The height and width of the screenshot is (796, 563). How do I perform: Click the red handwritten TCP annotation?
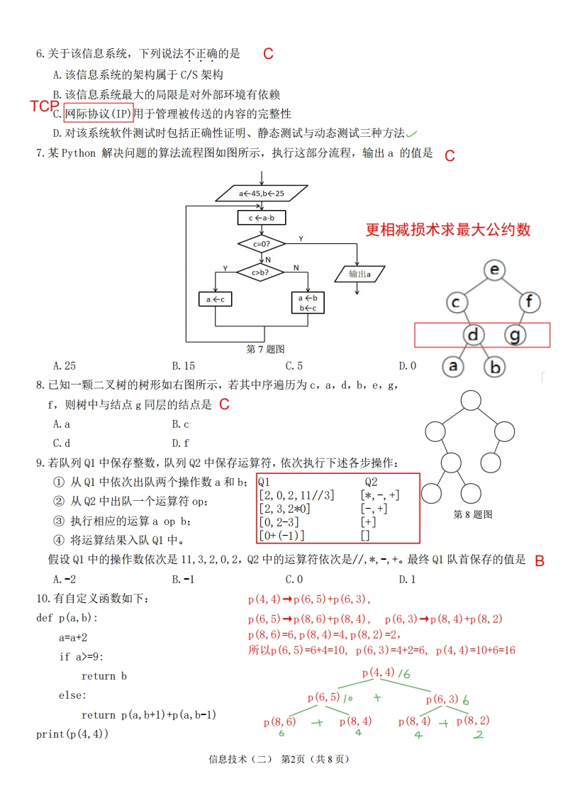45,106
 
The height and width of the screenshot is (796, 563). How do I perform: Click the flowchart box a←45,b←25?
262,193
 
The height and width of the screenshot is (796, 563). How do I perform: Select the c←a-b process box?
262,217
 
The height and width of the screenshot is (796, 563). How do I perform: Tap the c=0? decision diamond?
262,244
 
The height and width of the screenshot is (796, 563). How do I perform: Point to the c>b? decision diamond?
262,271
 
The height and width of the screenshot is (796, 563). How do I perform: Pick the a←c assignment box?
215,300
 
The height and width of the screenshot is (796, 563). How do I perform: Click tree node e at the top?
495,270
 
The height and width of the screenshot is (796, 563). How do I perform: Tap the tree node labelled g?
516,334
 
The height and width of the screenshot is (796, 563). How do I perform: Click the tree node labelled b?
496,367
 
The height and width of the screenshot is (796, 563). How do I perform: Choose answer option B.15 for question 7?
183,366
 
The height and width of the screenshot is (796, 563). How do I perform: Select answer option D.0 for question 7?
407,366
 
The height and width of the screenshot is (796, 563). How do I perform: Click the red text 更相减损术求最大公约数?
448,230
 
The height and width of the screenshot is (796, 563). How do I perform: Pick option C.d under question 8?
62,443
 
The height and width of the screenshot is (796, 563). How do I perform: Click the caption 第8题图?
472,514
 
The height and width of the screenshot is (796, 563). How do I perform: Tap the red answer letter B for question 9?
540,561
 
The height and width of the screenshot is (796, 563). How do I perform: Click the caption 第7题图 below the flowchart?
265,349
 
